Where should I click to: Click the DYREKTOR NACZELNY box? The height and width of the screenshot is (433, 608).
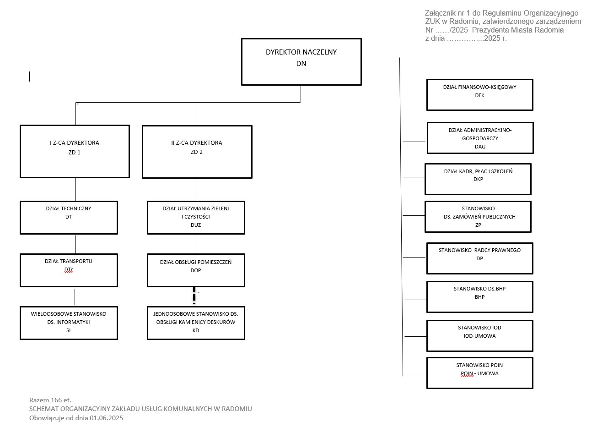(301, 61)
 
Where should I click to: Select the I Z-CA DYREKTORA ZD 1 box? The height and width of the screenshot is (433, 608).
(75, 151)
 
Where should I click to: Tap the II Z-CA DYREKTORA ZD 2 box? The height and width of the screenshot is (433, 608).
(197, 152)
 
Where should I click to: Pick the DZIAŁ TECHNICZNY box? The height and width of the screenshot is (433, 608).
(69, 217)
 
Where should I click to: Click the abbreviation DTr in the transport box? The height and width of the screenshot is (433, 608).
(69, 270)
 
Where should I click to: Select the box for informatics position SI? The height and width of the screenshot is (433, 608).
(69, 323)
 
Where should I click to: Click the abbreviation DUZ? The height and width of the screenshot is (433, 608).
(196, 225)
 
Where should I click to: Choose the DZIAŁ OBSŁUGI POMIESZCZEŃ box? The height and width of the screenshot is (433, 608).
(196, 270)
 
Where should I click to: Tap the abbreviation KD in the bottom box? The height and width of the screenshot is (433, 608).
(196, 330)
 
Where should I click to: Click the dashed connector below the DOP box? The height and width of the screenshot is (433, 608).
(194, 296)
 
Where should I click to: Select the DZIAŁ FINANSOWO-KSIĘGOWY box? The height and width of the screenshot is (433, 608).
(479, 95)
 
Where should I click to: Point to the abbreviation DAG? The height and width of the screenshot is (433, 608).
(480, 147)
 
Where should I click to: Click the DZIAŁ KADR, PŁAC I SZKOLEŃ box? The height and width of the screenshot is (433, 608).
(478, 179)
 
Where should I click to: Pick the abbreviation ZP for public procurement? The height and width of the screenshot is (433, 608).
(478, 225)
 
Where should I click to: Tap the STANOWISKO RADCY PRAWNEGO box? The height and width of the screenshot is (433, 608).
(479, 258)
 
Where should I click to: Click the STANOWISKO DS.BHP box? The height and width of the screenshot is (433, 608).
(479, 296)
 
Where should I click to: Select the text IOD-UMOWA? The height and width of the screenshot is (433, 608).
(479, 336)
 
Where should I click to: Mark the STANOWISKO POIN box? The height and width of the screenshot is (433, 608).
(479, 373)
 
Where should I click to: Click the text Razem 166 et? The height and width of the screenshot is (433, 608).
(50, 400)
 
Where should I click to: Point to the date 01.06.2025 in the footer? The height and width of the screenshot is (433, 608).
(107, 418)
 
